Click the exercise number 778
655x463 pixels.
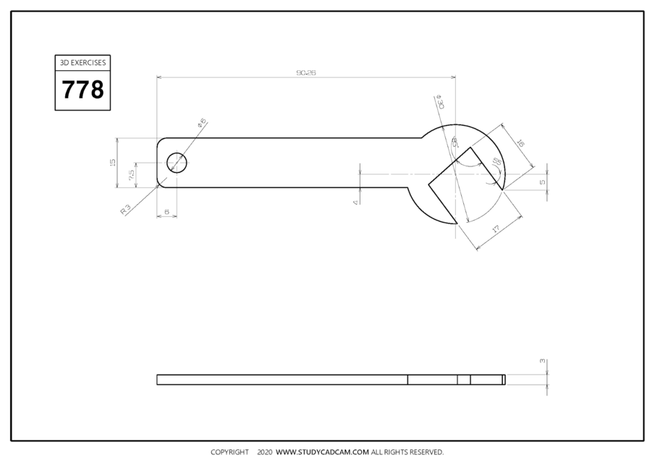[x=83, y=90]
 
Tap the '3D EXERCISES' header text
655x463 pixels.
[x=83, y=63]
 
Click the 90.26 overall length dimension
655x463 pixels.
[x=307, y=72]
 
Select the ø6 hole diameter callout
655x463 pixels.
[x=202, y=124]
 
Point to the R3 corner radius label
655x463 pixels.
[x=126, y=209]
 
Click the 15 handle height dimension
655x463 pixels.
[x=112, y=163]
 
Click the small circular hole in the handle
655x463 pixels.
[x=177, y=163]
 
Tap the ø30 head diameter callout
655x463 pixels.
[x=439, y=101]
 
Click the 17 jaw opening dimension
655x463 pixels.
[x=496, y=229]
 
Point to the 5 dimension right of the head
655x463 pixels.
[x=542, y=182]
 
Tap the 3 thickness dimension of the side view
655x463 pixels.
[x=542, y=360]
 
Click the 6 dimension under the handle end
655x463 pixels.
[x=166, y=212]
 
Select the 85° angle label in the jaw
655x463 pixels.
[x=455, y=143]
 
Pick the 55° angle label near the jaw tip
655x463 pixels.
[x=496, y=162]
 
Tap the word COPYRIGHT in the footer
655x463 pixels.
[x=229, y=452]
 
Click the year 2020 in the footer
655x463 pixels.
[x=264, y=452]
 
